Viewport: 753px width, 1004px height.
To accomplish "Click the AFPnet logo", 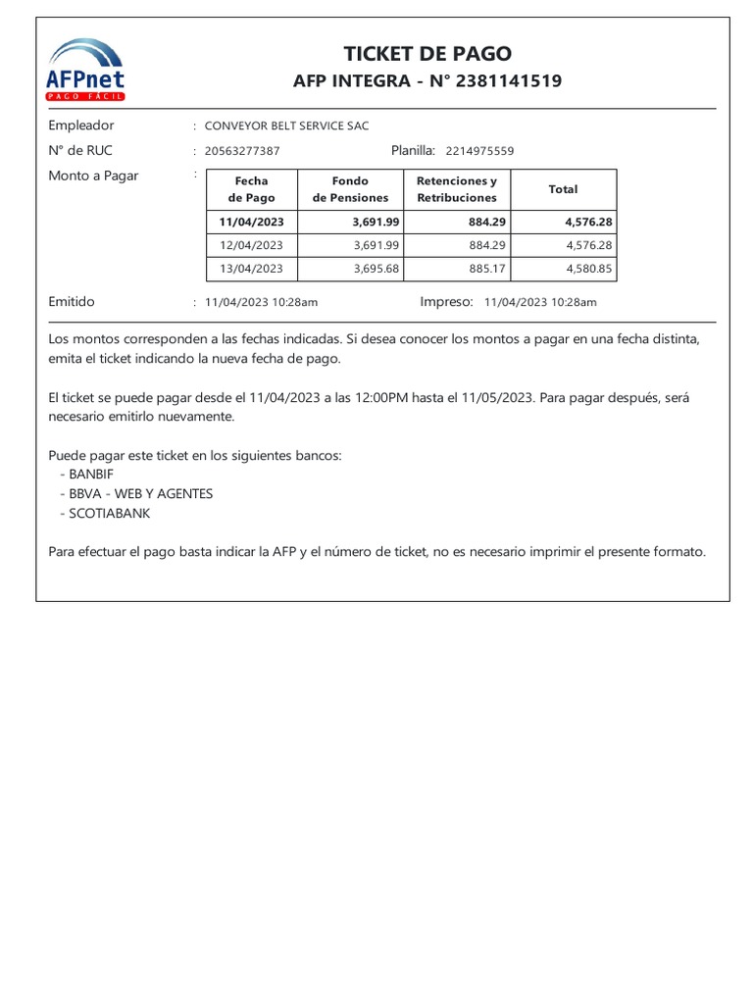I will (x=86, y=70).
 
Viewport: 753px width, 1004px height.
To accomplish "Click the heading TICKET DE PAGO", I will (x=427, y=54).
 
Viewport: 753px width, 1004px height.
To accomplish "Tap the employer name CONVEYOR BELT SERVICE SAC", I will (x=286, y=125).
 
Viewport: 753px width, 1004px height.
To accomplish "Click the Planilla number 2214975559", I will (x=479, y=151).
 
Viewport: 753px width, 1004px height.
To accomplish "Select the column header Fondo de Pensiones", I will (x=350, y=189).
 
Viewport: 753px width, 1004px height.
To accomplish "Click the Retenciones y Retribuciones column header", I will (x=457, y=189).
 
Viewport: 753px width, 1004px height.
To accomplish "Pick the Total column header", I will (x=563, y=189).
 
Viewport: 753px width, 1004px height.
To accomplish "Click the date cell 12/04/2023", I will (x=252, y=245).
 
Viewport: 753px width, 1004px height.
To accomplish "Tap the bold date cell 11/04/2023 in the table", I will (x=252, y=223).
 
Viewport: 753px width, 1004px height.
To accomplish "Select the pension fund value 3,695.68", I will (x=376, y=269).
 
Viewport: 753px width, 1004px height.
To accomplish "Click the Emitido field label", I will (x=72, y=302).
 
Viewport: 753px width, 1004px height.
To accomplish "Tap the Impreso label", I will (x=446, y=302).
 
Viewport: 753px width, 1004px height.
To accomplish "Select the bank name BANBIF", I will (x=92, y=474).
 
